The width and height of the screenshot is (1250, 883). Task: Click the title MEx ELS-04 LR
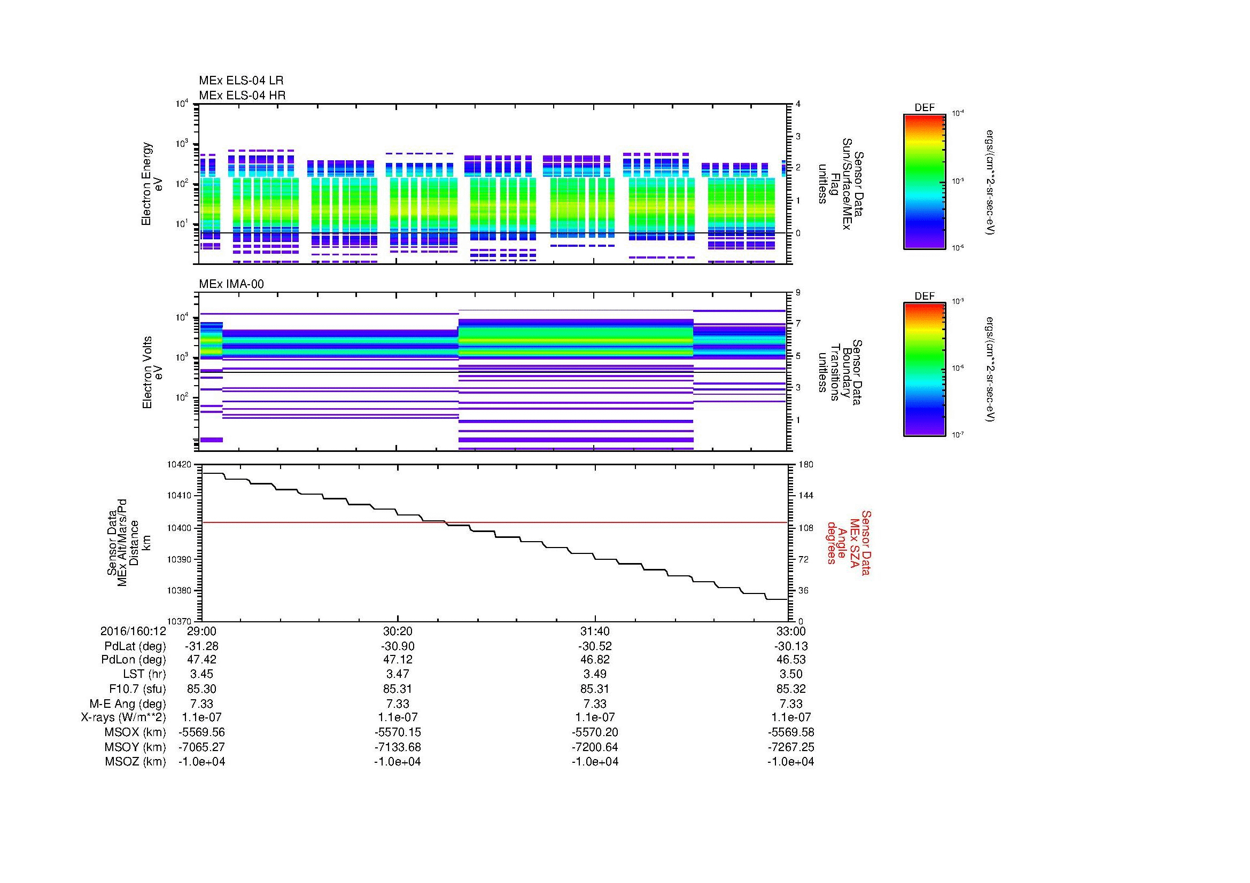(240, 81)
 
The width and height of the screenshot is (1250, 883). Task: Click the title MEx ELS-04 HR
(242, 95)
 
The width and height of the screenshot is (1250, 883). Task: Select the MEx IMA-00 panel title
(231, 284)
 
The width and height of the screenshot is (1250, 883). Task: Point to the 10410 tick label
(180, 496)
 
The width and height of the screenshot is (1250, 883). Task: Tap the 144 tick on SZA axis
(806, 496)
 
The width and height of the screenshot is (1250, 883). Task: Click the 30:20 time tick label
(398, 631)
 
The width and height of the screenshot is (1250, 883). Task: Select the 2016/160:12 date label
(133, 631)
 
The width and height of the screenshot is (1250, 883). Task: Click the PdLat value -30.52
(594, 646)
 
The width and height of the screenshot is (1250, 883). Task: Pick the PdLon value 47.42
(201, 660)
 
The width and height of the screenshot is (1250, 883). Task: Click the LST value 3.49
(594, 675)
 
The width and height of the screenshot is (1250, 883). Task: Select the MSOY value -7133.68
(398, 747)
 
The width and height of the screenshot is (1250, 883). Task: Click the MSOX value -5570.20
(594, 732)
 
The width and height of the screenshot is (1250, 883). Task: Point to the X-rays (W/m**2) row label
(123, 717)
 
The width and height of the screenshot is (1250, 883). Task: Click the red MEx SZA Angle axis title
(848, 542)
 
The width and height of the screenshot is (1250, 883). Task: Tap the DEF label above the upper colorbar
(925, 108)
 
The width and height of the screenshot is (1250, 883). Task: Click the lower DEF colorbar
(924, 370)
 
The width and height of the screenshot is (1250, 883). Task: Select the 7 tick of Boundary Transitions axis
(798, 324)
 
